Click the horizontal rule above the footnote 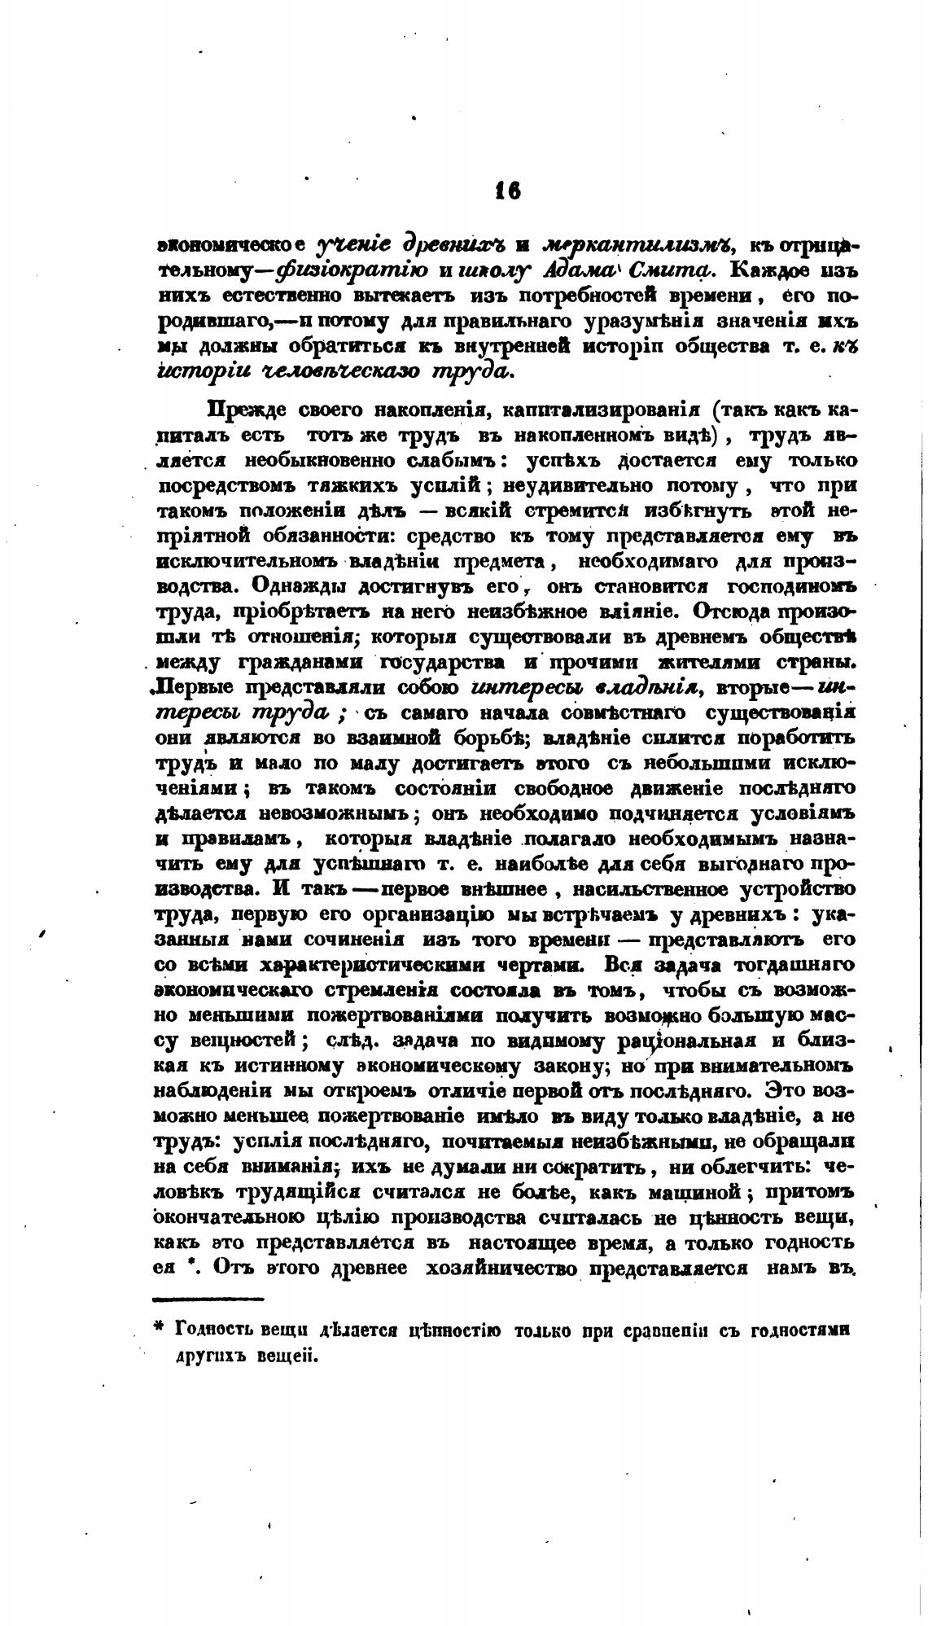pyautogui.click(x=208, y=1299)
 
